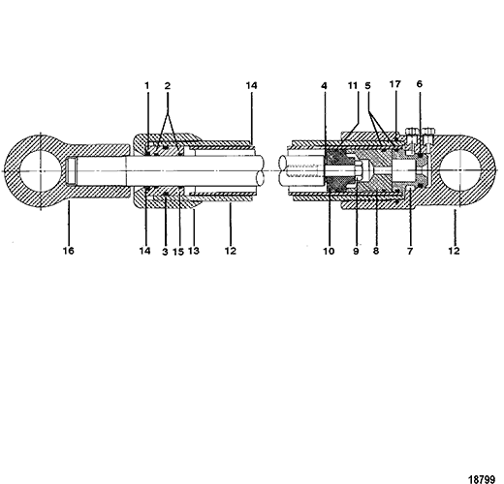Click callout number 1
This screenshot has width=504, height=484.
(x=147, y=86)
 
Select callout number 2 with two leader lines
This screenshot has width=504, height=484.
(x=168, y=86)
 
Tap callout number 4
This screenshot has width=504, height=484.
(x=324, y=86)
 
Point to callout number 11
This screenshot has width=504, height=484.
(x=353, y=85)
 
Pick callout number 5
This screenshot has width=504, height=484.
(x=368, y=86)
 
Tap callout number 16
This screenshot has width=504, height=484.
(x=69, y=251)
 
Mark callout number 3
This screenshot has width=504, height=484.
(x=165, y=252)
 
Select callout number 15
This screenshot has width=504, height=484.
(x=178, y=252)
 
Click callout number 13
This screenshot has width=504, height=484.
(x=194, y=251)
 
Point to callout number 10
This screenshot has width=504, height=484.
(x=329, y=251)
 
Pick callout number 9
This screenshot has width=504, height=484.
(x=356, y=251)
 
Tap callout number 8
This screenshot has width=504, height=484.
(x=376, y=251)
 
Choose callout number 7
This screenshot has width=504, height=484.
(x=410, y=251)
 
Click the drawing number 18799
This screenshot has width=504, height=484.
(x=482, y=479)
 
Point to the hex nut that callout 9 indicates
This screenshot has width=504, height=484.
(x=359, y=170)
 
